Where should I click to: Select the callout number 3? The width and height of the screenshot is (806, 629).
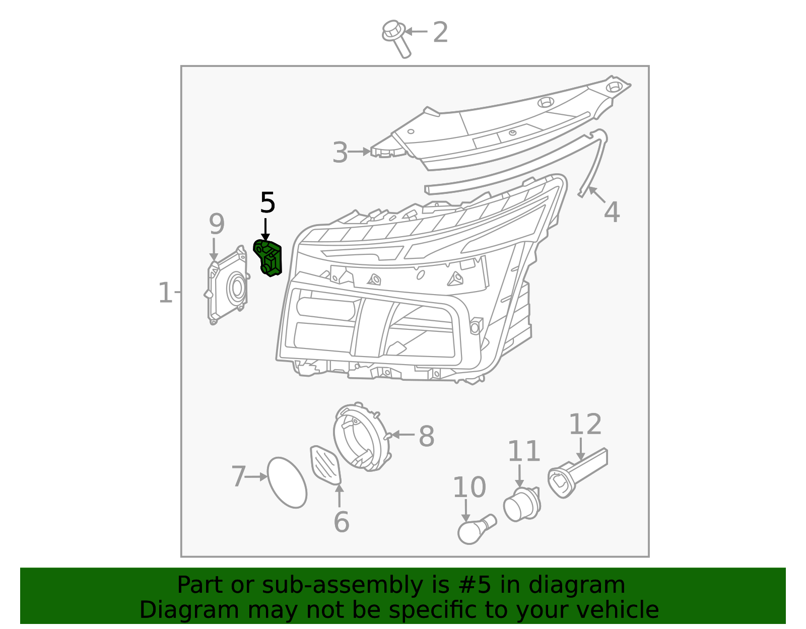tap(340, 153)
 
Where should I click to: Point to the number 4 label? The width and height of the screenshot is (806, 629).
tap(612, 212)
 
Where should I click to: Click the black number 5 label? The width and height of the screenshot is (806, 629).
tap(267, 203)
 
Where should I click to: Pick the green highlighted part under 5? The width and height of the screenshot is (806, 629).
tap(268, 258)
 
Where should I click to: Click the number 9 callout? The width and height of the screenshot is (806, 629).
tap(217, 224)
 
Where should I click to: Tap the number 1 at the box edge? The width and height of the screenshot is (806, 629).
tap(165, 293)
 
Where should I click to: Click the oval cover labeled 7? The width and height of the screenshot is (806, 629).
tap(287, 482)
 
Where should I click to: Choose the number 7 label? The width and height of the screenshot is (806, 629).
tap(238, 476)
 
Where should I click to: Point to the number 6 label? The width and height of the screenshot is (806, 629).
tap(341, 522)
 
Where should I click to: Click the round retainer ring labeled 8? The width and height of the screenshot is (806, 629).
tap(361, 437)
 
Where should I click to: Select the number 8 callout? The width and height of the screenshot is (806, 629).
tap(426, 436)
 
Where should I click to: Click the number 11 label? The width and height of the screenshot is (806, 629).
tap(523, 451)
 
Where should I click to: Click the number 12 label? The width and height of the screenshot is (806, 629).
tap(585, 425)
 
